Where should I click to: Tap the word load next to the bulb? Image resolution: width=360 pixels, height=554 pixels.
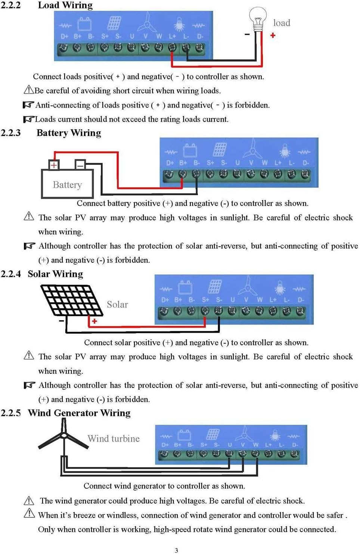(282, 23)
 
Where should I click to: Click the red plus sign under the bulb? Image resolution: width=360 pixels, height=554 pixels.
(273, 35)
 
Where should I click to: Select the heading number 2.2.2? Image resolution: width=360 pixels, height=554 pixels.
(10, 5)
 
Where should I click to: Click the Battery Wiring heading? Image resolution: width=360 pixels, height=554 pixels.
(69, 133)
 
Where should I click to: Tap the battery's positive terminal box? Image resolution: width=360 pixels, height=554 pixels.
(54, 165)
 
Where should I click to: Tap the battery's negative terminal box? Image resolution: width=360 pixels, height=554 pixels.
(80, 164)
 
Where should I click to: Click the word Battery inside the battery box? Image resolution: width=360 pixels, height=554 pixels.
(67, 185)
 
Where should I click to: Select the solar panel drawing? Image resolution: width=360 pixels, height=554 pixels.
(71, 301)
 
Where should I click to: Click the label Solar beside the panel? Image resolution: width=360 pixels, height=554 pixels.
(117, 305)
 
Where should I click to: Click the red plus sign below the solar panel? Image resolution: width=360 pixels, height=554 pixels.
(94, 321)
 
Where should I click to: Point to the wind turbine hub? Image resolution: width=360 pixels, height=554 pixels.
(64, 435)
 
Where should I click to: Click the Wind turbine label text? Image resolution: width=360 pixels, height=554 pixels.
(114, 439)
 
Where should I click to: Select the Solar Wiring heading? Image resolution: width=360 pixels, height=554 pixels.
(55, 274)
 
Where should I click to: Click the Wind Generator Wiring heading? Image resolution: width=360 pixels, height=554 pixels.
(79, 413)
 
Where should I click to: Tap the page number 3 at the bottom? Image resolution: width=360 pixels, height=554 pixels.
(177, 550)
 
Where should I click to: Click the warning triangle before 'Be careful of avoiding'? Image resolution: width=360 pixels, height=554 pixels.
(28, 90)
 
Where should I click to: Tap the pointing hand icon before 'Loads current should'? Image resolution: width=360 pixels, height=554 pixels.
(28, 119)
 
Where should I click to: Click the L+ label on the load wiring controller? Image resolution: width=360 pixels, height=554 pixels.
(172, 36)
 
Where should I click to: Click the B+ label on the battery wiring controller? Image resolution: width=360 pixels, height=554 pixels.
(183, 163)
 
